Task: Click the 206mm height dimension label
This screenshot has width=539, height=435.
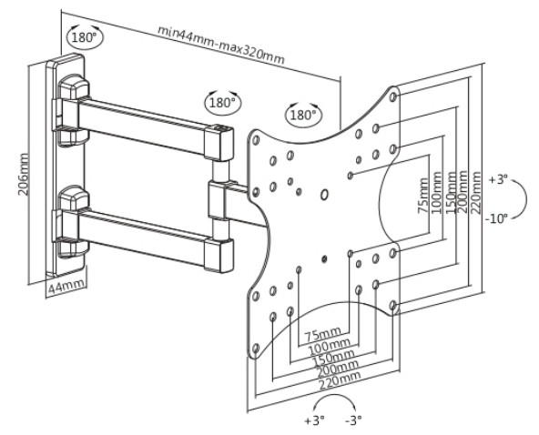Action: pos(24,174)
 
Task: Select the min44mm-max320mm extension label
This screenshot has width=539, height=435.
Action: pos(221,45)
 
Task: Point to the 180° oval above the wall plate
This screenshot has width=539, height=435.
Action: pos(84,37)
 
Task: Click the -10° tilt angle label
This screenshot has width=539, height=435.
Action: pos(497,218)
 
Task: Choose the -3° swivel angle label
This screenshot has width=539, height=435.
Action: pos(353,420)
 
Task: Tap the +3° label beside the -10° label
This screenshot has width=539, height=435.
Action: pos(498,180)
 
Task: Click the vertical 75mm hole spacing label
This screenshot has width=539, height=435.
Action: pos(424,196)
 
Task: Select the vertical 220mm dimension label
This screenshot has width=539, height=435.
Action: pos(476,192)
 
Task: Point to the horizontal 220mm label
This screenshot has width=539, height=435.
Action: pos(340,379)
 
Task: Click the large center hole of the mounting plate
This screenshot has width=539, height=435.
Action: pos(324,195)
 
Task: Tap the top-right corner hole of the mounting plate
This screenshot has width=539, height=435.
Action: pos(394,96)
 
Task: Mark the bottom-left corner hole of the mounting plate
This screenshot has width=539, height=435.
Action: pos(256,349)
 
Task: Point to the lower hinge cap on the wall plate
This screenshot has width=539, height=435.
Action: pos(74,198)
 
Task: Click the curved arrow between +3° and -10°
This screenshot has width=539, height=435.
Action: pos(525,198)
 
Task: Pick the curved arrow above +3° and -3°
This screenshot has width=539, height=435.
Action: pos(336,397)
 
